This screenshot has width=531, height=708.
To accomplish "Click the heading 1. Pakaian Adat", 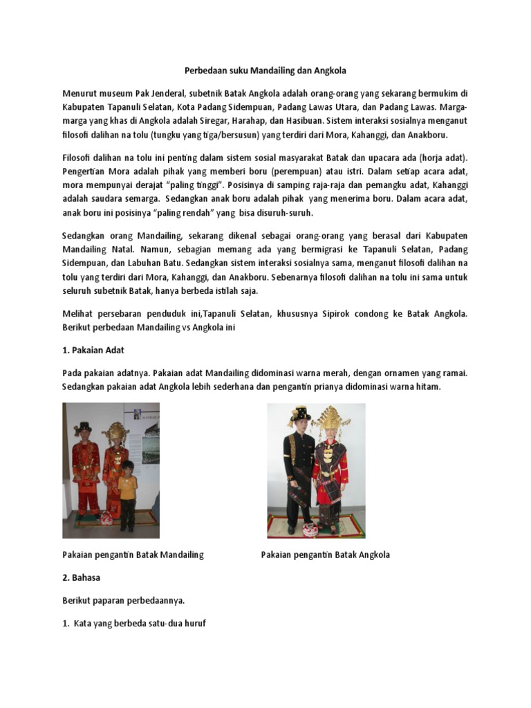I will pos(93,350).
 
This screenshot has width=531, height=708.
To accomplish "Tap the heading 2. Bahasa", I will pos(82,577).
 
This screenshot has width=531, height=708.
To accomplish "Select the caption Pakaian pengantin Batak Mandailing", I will pos(133,555).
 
